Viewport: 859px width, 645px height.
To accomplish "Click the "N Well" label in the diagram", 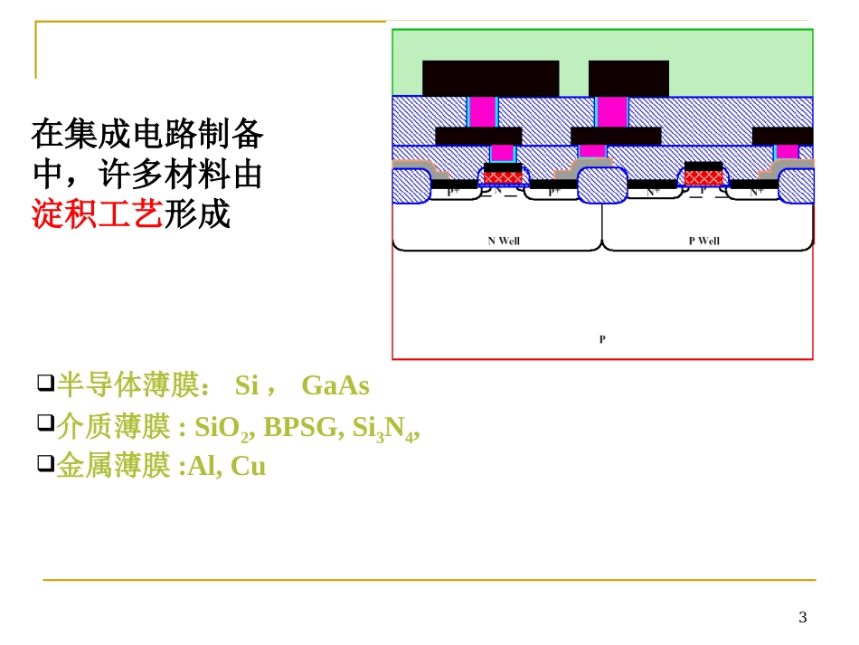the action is click(504, 241).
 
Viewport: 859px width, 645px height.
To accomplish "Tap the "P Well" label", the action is click(703, 241).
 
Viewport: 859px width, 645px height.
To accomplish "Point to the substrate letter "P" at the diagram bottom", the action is click(602, 339).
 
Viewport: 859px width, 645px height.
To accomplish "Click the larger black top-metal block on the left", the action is click(490, 78).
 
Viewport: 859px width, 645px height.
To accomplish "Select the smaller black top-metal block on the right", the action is click(628, 78).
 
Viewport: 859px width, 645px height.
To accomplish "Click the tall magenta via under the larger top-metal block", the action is click(482, 111).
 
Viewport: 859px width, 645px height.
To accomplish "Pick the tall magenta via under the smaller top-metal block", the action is click(612, 111).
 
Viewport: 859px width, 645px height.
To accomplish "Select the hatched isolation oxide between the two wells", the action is click(602, 185).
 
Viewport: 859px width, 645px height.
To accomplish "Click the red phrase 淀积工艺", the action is click(97, 214).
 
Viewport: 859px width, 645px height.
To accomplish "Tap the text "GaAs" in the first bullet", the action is click(335, 386).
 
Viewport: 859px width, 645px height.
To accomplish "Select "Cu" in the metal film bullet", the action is click(249, 467).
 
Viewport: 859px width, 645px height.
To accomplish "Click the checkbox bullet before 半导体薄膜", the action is click(45, 384).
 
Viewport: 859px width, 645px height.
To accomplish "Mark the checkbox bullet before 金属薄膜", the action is click(45, 464).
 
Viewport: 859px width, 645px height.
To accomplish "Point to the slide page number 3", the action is click(802, 618).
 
